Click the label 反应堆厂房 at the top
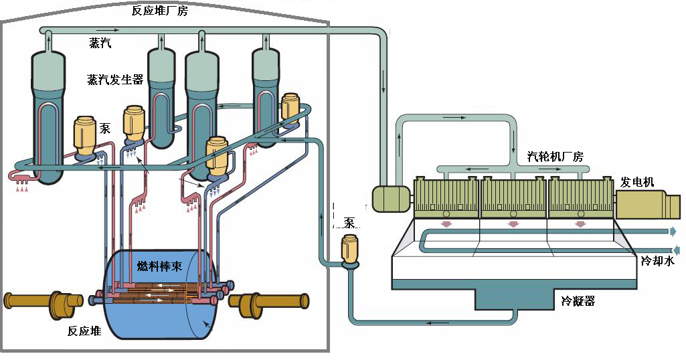160,11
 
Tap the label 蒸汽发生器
115,79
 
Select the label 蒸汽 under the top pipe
100,43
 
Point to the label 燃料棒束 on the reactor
160,266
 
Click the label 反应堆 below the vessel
84,331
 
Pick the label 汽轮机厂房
555,156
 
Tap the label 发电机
637,182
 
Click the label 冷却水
658,261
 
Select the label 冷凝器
578,301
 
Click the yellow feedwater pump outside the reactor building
350,251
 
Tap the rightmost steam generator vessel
266,97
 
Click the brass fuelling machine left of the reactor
44,302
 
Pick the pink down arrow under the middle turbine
513,224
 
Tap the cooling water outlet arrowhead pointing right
673,232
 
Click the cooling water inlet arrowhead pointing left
677,250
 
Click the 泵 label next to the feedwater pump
349,223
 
